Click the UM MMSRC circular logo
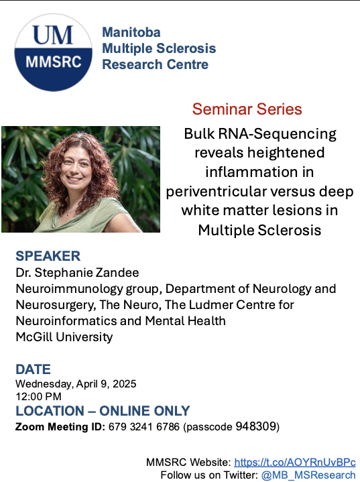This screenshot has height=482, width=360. click(x=53, y=52)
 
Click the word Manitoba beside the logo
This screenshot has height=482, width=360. click(x=131, y=33)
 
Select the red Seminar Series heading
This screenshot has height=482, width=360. click(x=247, y=109)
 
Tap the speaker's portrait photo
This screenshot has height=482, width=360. click(x=80, y=179)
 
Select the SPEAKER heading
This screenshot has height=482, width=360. click(x=48, y=256)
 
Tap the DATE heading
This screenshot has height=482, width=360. click(x=34, y=369)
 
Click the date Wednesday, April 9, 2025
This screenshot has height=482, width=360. click(x=76, y=384)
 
